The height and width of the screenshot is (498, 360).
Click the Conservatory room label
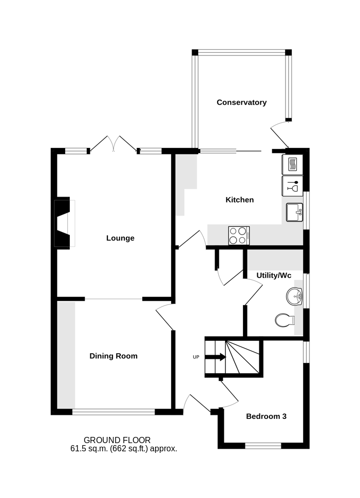point(241,102)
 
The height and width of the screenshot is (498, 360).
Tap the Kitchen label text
point(240,200)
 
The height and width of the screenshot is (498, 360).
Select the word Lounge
point(120,238)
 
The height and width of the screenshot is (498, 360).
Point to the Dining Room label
point(113,356)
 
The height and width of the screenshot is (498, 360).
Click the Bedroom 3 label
point(266,416)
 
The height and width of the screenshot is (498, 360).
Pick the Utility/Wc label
point(274,275)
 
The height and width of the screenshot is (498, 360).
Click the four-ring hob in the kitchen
point(239,236)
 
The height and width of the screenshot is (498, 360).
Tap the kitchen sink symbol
point(295,212)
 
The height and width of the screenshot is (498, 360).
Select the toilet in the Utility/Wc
point(285,320)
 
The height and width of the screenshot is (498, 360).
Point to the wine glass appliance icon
point(292,186)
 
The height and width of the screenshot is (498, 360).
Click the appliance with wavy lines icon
point(292,164)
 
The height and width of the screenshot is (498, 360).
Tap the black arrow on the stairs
point(215,357)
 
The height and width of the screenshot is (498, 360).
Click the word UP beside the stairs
point(196,357)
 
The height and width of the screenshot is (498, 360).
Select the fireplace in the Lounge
point(64,223)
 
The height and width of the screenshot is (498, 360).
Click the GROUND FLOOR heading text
point(117,440)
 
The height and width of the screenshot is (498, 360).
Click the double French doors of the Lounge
point(113,144)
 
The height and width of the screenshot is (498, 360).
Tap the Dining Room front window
point(113,412)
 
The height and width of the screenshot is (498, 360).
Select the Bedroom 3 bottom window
point(263,446)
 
